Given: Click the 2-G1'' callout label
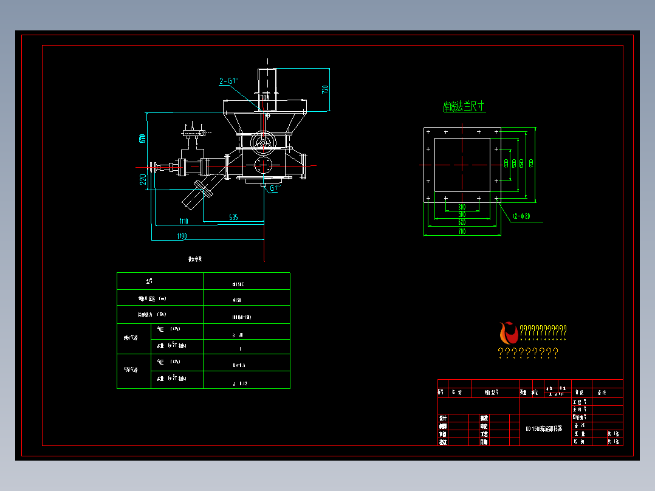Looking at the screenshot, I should (x=228, y=81).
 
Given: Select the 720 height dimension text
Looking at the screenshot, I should (x=325, y=89).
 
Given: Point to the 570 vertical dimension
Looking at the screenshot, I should (x=142, y=138).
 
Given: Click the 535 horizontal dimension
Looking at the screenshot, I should (x=233, y=217).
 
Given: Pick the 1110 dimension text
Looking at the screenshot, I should (x=183, y=221).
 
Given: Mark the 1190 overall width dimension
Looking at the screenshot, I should (x=181, y=236).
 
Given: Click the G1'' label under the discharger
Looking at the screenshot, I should (x=274, y=188).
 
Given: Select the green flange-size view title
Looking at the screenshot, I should (x=464, y=107).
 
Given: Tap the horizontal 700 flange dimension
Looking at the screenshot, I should (x=462, y=232).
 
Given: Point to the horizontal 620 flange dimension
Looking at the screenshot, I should (x=462, y=222).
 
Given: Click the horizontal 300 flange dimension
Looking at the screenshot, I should (x=462, y=207).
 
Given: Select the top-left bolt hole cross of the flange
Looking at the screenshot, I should (x=429, y=132).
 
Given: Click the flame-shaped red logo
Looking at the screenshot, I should (x=508, y=332).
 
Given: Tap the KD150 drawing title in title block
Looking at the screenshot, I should (x=544, y=428).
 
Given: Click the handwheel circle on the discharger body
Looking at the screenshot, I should (x=263, y=140).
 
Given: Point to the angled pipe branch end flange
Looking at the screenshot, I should (x=207, y=189).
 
